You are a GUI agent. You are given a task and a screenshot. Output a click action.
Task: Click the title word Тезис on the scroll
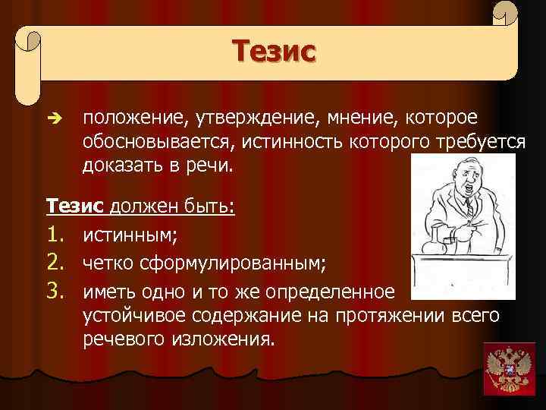pos(273,52)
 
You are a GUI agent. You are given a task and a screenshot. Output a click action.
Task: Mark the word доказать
pos(121,166)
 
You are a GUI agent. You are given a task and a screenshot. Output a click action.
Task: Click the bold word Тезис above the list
pos(77,207)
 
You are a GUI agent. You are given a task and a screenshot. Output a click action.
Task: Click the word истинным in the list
pos(130,238)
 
